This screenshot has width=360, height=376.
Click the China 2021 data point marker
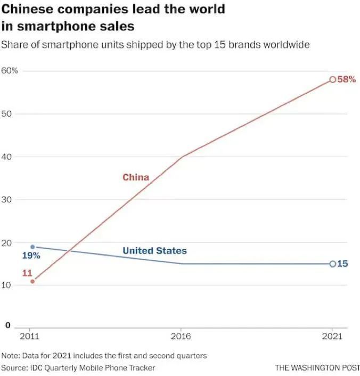(x=332, y=79)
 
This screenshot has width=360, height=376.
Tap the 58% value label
(x=347, y=79)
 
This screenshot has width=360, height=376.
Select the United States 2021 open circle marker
(x=332, y=264)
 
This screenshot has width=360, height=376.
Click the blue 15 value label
(x=343, y=264)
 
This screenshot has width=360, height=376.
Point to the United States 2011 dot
(x=32, y=247)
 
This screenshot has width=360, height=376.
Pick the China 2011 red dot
(x=32, y=281)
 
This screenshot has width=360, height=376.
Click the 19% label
(x=31, y=256)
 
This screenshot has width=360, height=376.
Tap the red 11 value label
(x=27, y=273)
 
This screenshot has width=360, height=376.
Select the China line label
(x=136, y=177)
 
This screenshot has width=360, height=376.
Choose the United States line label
(x=154, y=250)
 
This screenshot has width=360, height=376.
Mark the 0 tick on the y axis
(x=7, y=324)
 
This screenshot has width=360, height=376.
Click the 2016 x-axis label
(x=181, y=336)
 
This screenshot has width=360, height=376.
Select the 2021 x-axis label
(x=332, y=336)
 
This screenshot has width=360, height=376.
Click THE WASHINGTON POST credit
(x=317, y=367)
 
